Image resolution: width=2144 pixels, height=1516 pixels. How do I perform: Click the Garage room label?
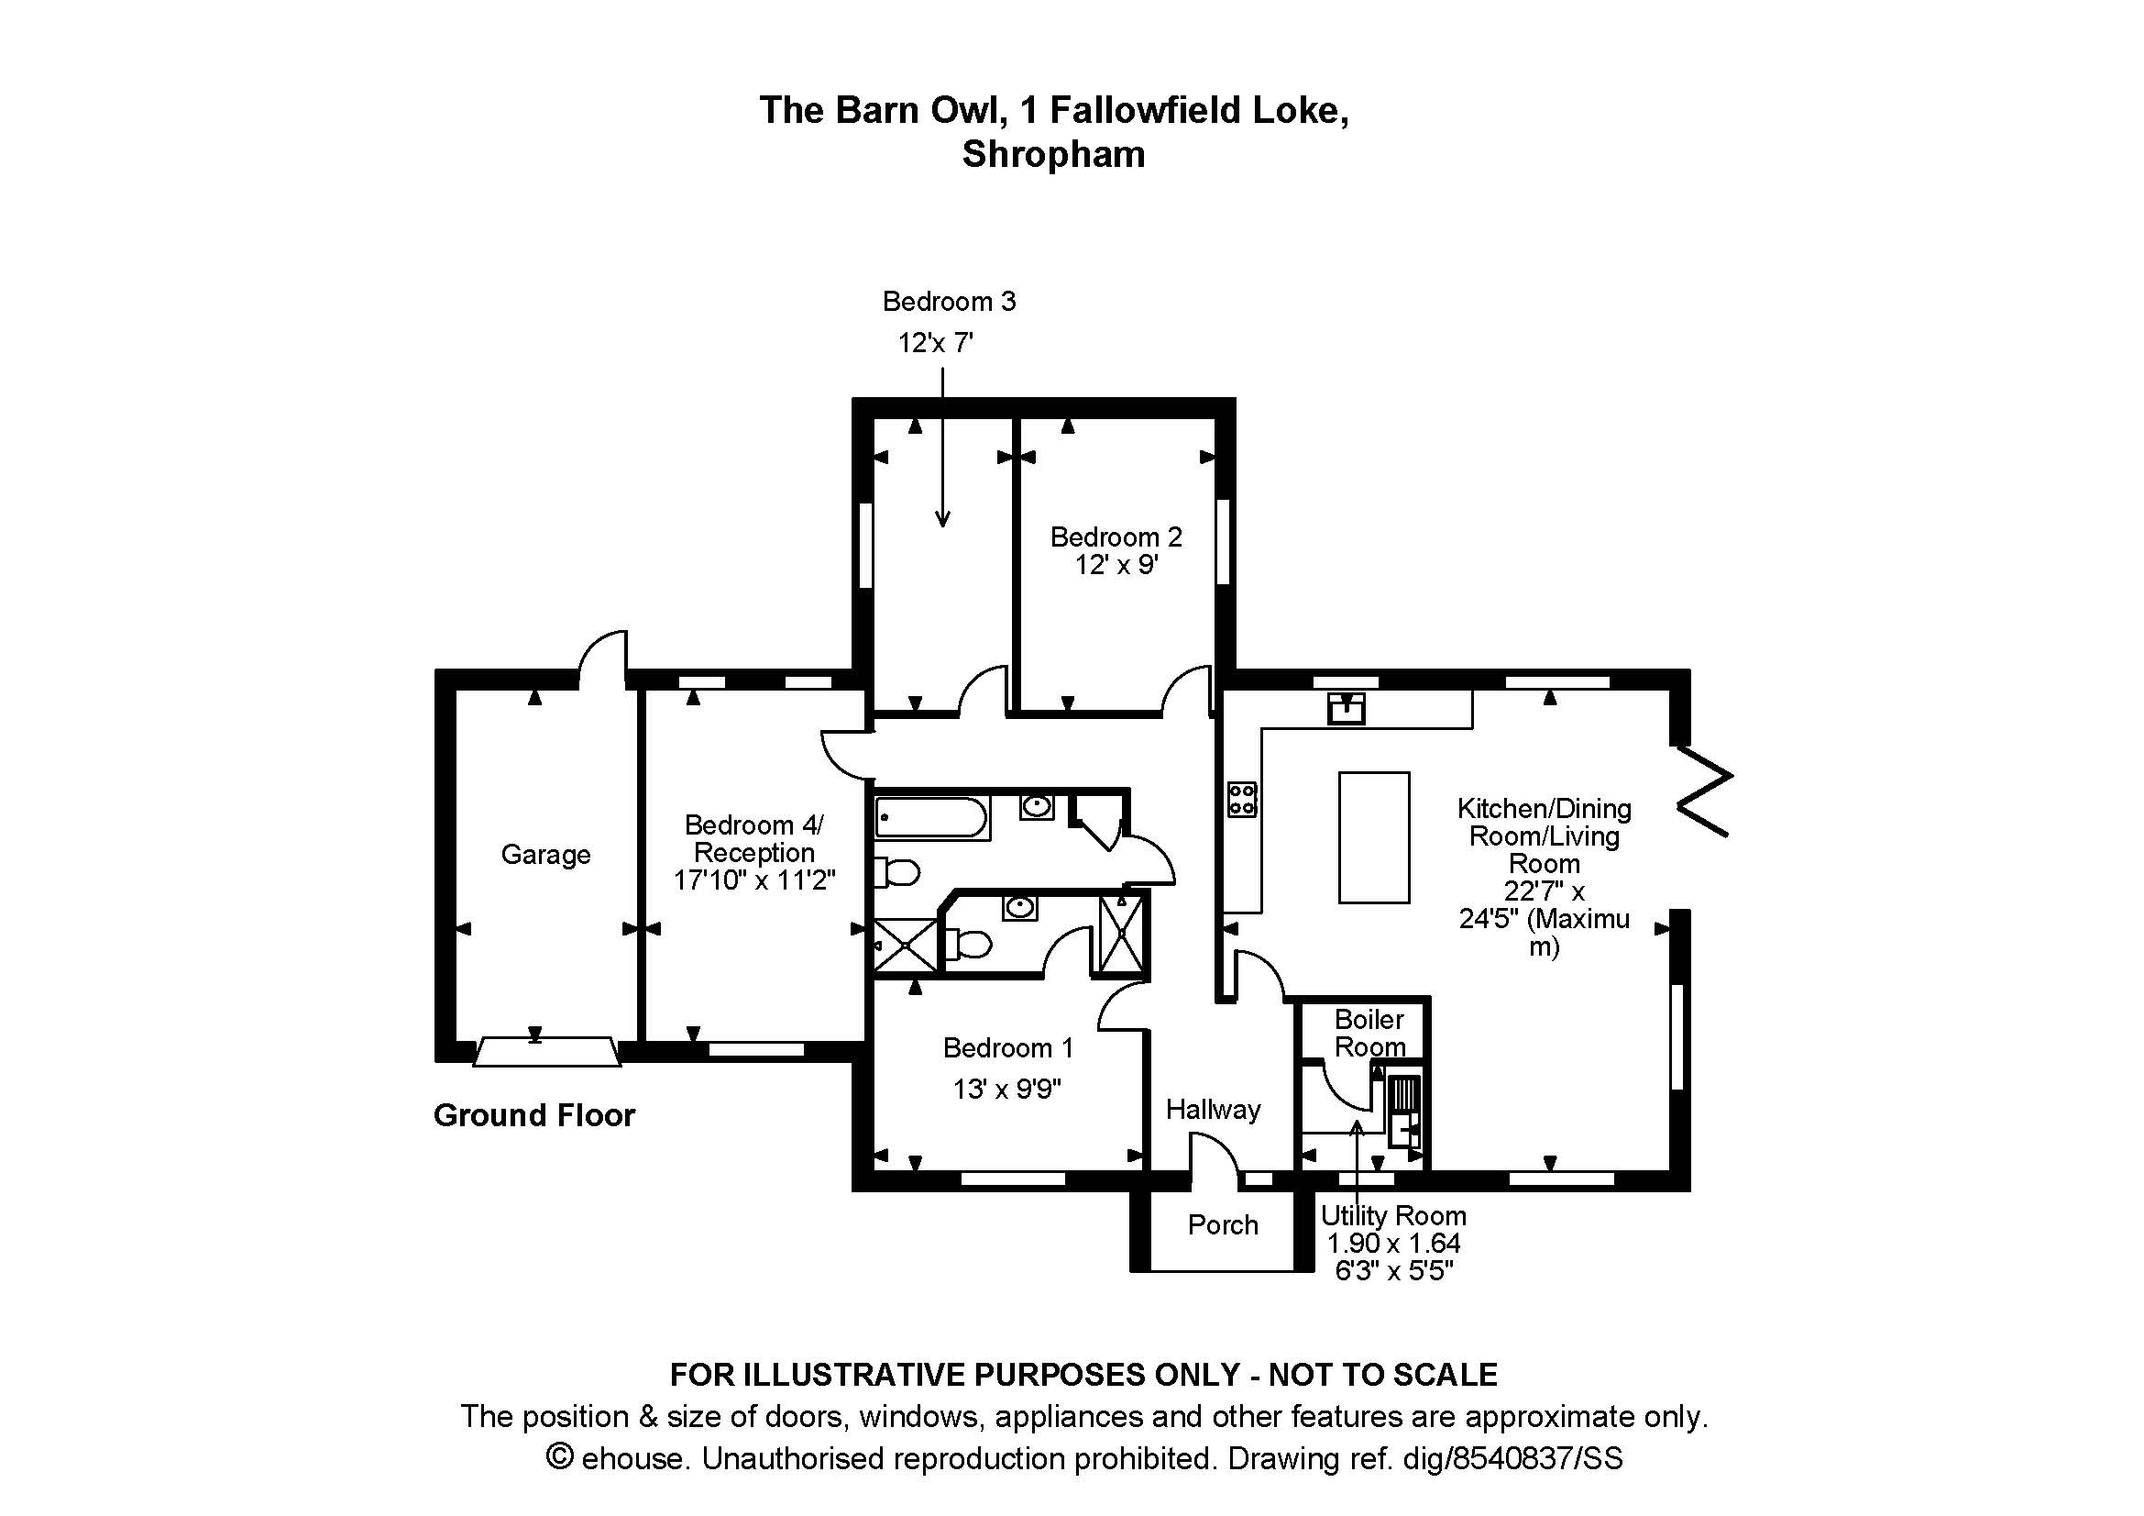(x=545, y=855)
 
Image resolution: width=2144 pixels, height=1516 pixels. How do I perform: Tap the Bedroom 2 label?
(x=1116, y=537)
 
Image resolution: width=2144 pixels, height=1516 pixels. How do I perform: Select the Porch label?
(x=1223, y=1224)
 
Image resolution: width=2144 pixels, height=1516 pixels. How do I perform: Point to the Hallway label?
(x=1213, y=1110)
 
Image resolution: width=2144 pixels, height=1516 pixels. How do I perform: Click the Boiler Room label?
(x=1369, y=1032)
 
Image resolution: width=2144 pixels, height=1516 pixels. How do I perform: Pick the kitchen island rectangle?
(x=1374, y=837)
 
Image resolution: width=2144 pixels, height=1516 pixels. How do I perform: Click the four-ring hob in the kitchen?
(x=1242, y=800)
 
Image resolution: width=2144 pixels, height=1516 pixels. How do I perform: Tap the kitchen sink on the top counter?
(x=1346, y=709)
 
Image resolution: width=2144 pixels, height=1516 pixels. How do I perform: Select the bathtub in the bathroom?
(x=931, y=818)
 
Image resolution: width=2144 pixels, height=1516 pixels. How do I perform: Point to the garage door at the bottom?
(x=546, y=1052)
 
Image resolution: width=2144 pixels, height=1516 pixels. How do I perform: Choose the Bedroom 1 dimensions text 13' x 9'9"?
(x=1006, y=1090)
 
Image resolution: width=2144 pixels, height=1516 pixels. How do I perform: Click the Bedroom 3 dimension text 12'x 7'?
(x=936, y=344)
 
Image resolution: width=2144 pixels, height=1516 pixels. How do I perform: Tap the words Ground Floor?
(x=534, y=1115)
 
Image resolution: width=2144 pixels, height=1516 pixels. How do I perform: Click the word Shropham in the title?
(x=1053, y=155)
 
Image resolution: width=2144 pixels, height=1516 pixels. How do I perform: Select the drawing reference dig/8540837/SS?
(x=1512, y=1458)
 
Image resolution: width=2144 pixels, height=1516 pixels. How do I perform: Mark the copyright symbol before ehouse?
(x=559, y=1457)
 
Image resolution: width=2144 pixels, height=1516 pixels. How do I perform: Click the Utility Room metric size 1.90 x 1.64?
(x=1393, y=1244)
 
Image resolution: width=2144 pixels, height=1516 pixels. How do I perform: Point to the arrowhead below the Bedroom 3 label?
(x=942, y=518)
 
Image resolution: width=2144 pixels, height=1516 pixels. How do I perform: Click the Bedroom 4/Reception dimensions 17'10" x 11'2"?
(x=754, y=880)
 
